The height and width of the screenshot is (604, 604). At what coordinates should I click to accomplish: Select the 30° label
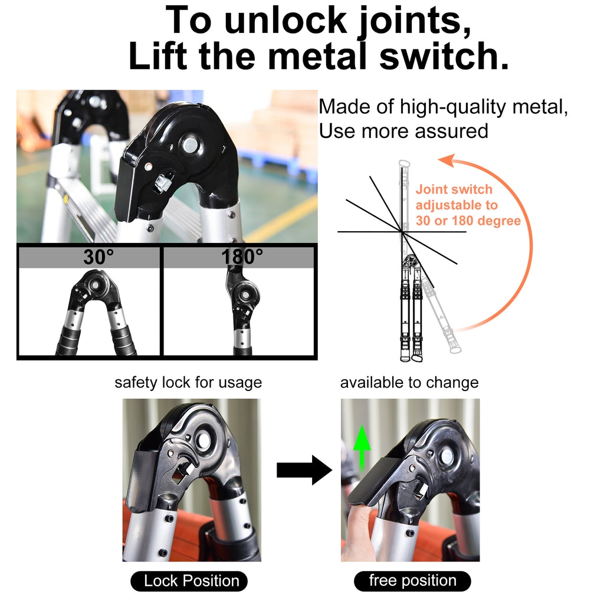[99, 257]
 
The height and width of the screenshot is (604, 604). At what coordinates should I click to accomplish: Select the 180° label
[242, 257]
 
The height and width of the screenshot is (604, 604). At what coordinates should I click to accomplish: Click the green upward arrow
[362, 448]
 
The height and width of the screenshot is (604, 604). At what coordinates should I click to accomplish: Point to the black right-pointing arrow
[304, 470]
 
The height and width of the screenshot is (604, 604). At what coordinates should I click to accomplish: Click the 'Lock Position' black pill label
[189, 581]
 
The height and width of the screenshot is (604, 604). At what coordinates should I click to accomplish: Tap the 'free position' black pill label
[412, 581]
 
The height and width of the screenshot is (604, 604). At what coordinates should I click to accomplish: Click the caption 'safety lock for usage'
[188, 382]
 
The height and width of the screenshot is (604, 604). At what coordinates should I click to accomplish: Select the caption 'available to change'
[409, 382]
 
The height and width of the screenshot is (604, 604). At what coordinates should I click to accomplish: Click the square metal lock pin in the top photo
[163, 182]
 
